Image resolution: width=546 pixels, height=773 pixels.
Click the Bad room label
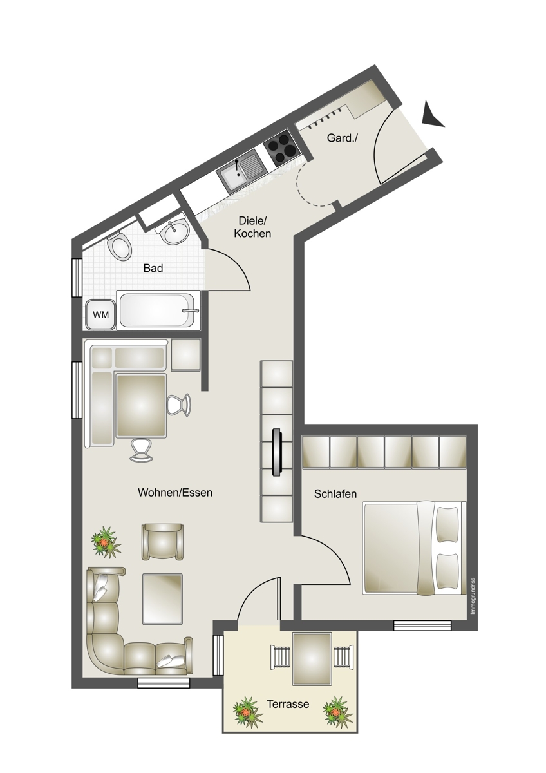pyautogui.click(x=153, y=268)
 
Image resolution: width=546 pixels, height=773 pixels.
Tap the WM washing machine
pyautogui.click(x=100, y=314)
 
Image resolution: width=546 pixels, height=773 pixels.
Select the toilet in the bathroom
pyautogui.click(x=119, y=247)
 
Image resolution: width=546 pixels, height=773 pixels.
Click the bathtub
pyautogui.click(x=158, y=310)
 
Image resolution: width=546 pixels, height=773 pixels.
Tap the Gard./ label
pyautogui.click(x=343, y=138)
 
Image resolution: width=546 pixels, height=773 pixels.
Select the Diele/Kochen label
pyautogui.click(x=252, y=227)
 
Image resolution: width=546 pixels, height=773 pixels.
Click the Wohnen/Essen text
pyautogui.click(x=175, y=492)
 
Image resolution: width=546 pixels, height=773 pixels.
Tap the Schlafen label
pyautogui.click(x=335, y=494)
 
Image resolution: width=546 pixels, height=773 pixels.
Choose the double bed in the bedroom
pyautogui.click(x=414, y=548)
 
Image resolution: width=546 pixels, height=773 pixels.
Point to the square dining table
pyautogui.click(x=142, y=406)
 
